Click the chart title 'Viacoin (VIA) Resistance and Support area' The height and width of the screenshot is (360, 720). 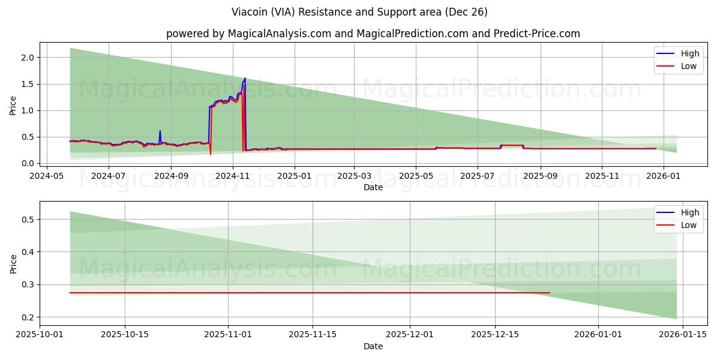(359, 12)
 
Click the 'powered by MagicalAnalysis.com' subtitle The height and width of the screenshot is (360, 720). (373, 34)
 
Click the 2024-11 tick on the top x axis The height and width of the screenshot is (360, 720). (232, 176)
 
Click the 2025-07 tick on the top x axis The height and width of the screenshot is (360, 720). (477, 176)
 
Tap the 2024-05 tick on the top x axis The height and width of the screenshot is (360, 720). (47, 176)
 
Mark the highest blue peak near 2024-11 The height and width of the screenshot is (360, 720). (245, 78)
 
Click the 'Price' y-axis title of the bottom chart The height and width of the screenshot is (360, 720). (14, 263)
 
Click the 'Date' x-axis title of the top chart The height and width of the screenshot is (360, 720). (373, 187)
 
